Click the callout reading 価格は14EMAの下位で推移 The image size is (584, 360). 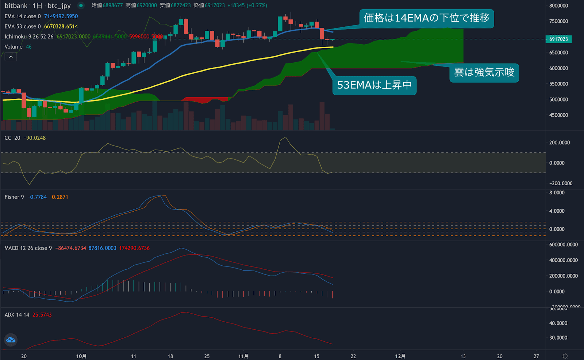[426, 18]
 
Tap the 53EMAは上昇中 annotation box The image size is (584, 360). [374, 85]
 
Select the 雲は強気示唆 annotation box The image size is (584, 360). [484, 72]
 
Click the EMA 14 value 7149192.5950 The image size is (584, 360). [61, 16]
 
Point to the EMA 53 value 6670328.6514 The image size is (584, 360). [61, 26]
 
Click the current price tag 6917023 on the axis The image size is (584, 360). [558, 39]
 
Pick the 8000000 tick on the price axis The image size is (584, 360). [558, 6]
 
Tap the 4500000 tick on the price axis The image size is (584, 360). [558, 115]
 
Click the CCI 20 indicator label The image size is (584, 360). [12, 138]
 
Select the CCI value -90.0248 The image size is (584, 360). [35, 138]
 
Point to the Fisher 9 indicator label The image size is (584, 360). [14, 197]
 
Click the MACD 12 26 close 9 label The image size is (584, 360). [28, 248]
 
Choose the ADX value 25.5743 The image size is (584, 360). [42, 315]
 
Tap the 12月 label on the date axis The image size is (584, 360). [400, 356]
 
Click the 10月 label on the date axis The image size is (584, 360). [81, 356]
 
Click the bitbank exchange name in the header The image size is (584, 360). [16, 6]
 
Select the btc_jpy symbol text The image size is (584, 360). [59, 6]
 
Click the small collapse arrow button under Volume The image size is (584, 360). [11, 57]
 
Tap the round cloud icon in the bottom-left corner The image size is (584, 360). [11, 340]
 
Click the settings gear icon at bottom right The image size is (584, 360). [565, 356]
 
